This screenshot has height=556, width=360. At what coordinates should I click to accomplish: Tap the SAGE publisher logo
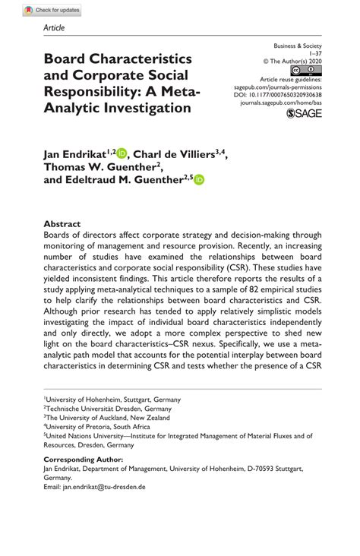tap(304, 114)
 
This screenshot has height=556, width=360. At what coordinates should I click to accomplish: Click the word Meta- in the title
tap(181, 91)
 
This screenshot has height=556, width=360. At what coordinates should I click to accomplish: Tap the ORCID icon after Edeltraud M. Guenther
tap(200, 180)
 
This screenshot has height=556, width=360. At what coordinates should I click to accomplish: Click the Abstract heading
tap(62, 224)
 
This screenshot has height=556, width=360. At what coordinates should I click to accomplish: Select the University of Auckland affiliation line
tap(108, 417)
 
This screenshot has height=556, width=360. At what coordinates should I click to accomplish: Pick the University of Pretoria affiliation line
tap(98, 426)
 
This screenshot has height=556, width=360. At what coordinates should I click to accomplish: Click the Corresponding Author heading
tap(82, 460)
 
